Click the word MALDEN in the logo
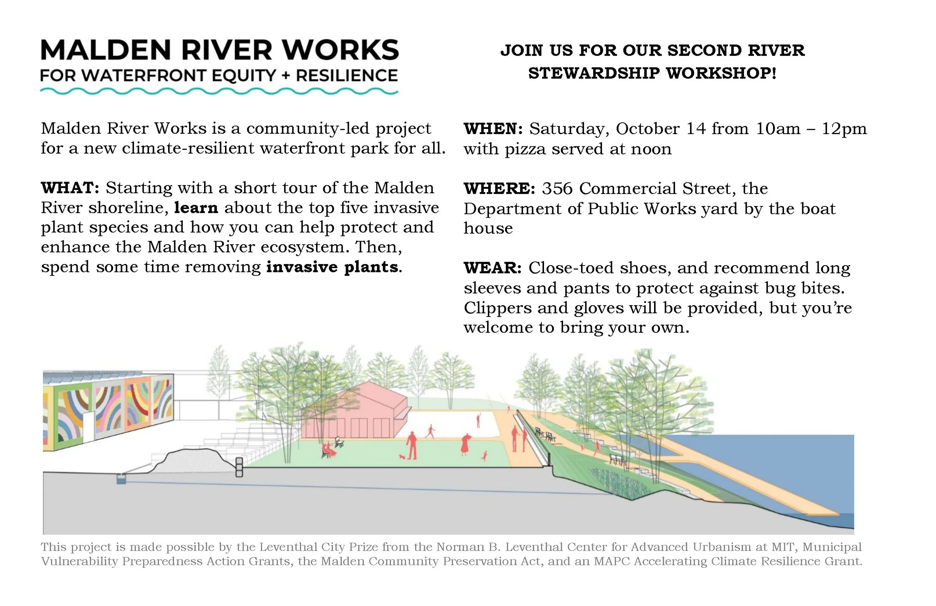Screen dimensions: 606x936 (106, 50)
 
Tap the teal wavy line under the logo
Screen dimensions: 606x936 (219, 92)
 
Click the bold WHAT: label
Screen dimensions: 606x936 (70, 188)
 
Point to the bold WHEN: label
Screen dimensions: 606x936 (493, 129)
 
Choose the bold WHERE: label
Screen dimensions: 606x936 (499, 189)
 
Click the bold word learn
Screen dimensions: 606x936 (196, 208)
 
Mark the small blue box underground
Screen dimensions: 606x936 (121, 480)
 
